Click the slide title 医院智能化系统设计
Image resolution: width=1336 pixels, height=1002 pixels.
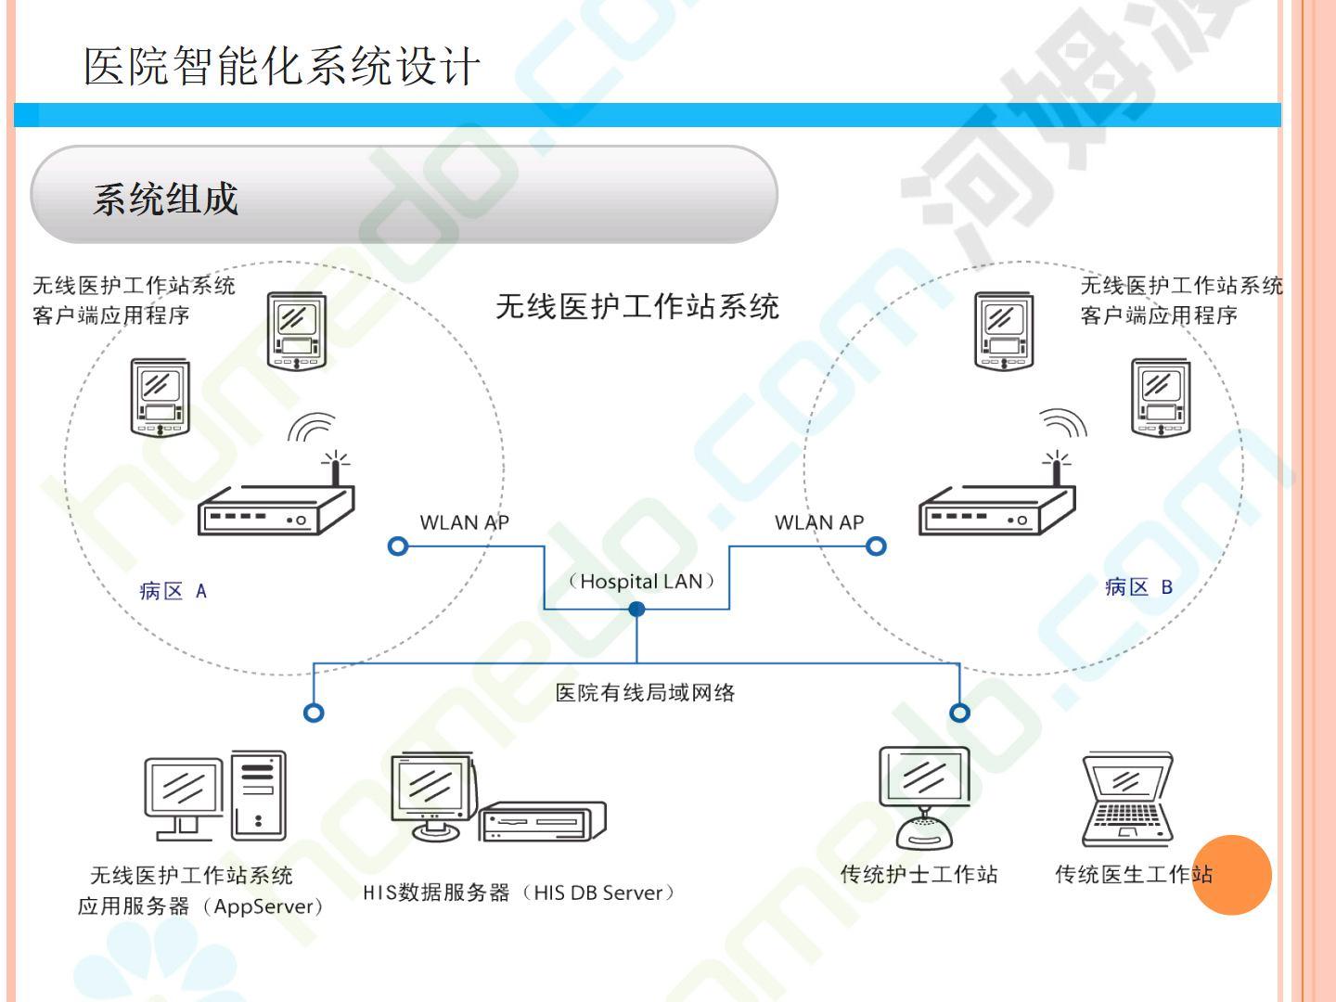point(282,67)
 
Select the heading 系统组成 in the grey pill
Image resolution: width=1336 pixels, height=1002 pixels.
point(165,199)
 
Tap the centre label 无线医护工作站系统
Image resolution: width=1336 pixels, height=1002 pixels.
point(637,306)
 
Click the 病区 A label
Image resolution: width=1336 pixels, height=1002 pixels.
point(173,591)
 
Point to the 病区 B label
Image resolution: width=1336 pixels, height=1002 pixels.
point(1138,587)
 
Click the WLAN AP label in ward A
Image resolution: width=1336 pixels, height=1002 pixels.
point(464,522)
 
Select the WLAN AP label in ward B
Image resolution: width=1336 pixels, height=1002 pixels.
point(819,522)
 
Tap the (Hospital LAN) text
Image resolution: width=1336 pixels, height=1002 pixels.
point(642,582)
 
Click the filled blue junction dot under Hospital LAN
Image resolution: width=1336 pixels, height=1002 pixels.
point(636,609)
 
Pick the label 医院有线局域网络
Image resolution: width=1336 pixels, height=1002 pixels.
point(645,692)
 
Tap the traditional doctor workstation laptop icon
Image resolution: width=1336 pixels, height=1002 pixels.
point(1127,800)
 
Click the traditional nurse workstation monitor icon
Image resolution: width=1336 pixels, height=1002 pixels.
point(924,798)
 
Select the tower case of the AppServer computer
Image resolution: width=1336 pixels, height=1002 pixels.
point(258,796)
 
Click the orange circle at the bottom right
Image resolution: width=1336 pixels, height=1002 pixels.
point(1231,874)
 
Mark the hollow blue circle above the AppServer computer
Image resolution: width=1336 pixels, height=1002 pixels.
point(315,713)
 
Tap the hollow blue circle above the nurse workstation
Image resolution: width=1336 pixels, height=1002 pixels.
point(960,713)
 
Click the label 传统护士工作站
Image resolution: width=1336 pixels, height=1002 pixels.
point(918,874)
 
